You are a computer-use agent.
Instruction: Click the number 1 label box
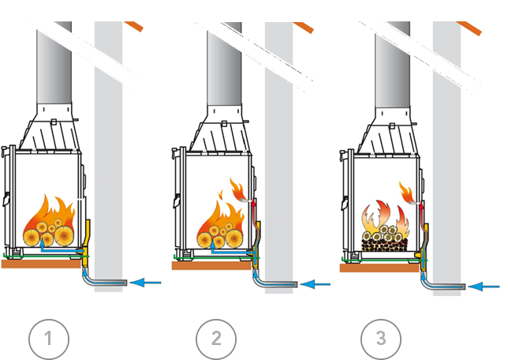coord(48,339)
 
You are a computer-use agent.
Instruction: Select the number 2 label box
coord(216,339)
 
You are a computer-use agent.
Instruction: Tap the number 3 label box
coord(381,339)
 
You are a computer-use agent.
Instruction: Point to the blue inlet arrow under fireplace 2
coord(315,283)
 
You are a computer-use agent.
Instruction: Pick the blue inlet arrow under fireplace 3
coord(484,286)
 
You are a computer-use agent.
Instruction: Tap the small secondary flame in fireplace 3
coord(406,191)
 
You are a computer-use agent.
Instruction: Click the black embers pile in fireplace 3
coord(384,242)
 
